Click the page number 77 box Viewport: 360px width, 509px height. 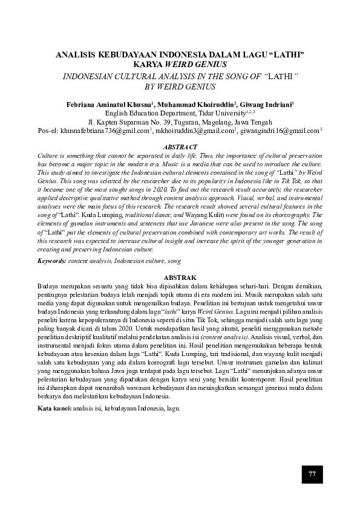pos(312,473)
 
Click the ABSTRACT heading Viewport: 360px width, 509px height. pos(180,147)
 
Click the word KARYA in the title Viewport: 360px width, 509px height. pos(150,63)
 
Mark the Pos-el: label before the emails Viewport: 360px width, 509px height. pos(50,129)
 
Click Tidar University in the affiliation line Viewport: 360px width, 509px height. pos(220,112)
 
